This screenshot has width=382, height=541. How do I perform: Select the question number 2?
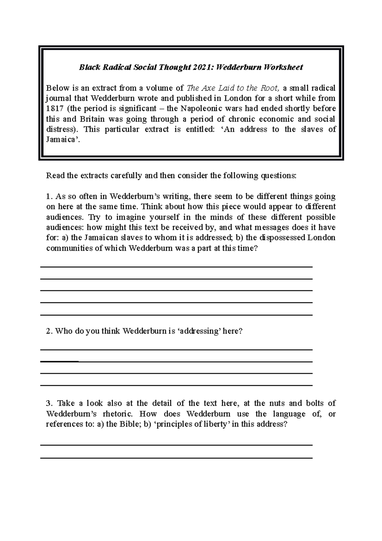49,331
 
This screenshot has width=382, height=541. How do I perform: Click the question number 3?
49,403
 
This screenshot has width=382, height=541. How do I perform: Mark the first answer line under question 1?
176,267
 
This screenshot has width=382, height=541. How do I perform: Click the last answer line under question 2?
176,385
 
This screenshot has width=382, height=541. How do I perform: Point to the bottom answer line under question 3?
176,458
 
